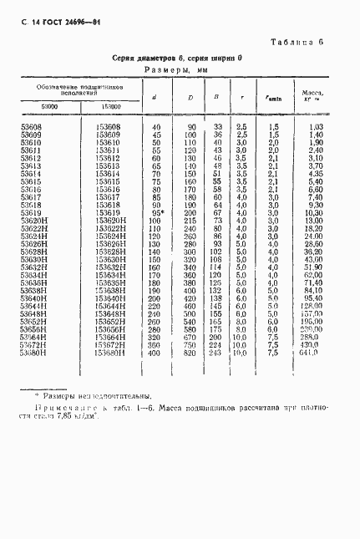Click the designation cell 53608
(x=31, y=125)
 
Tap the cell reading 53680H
(x=33, y=353)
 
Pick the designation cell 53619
(x=31, y=213)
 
